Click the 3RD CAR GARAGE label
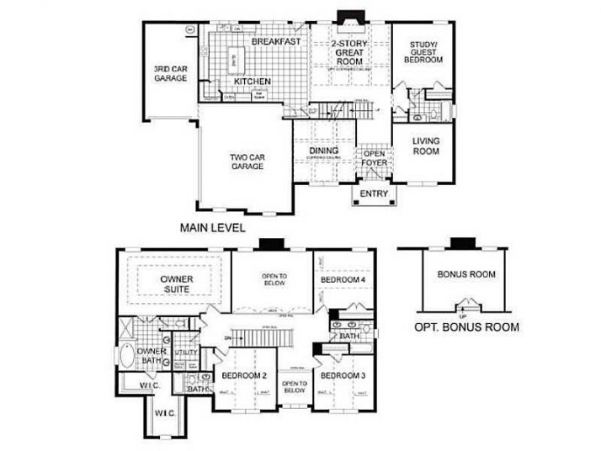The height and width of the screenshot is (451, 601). pos(169,73)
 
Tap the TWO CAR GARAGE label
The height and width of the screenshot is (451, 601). pos(247,162)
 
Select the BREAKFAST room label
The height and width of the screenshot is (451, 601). pos(275,41)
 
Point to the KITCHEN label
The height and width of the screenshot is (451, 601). pos(252,82)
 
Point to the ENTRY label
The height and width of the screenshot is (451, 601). pos(374,194)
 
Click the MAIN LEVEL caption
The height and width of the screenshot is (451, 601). pos(213,227)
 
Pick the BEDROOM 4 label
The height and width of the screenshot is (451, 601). pos(343,279)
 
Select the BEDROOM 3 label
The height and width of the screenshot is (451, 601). pos(343,375)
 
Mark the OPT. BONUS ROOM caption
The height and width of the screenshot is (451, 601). pos(466,327)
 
